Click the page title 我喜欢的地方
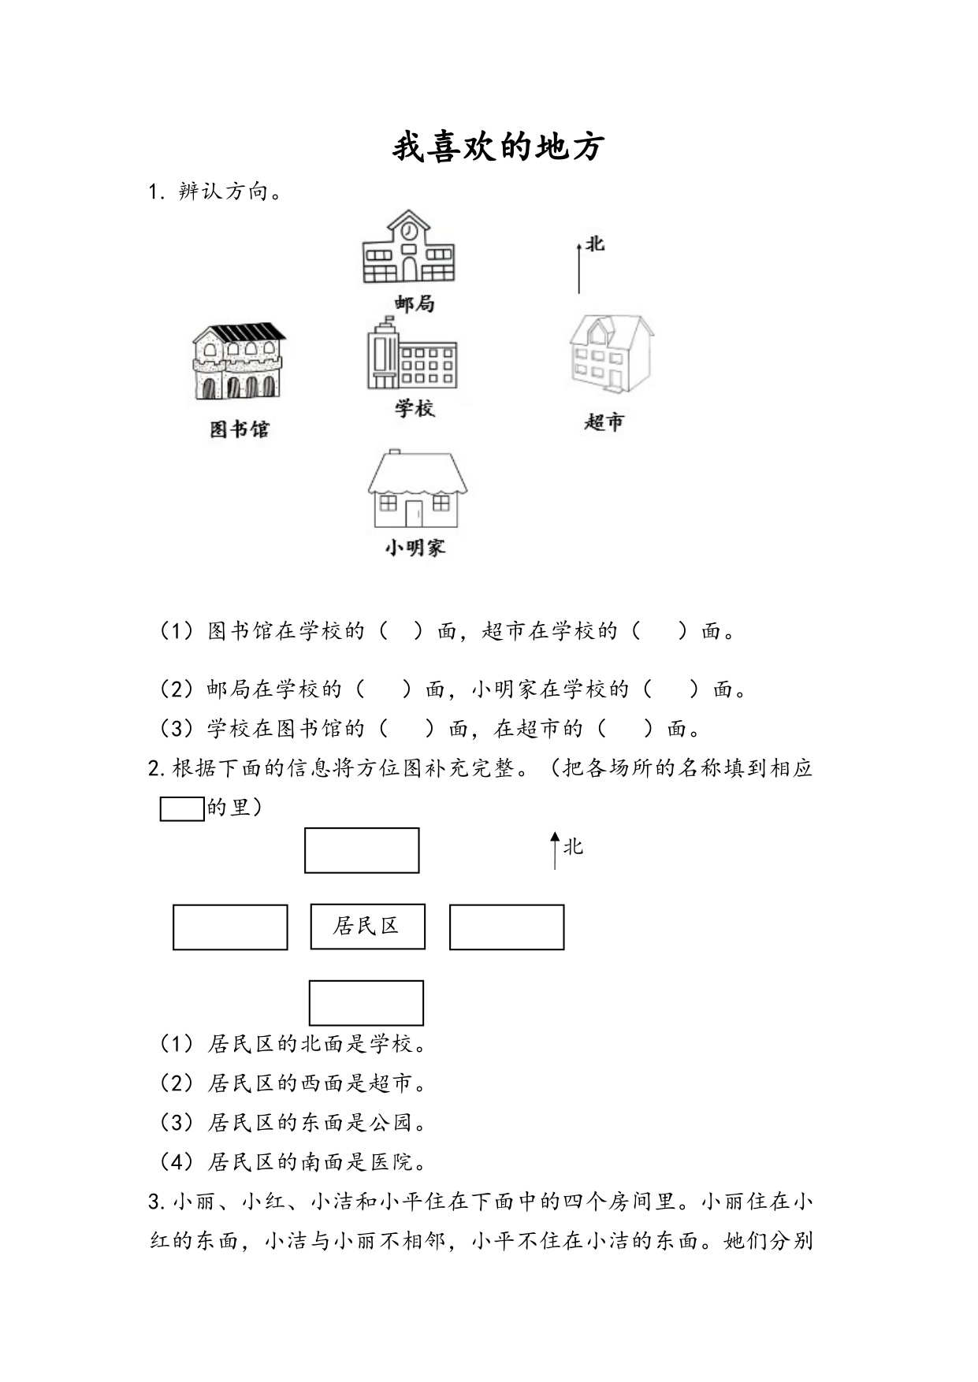click(498, 147)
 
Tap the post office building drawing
click(408, 247)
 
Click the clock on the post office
click(408, 231)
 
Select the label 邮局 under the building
click(415, 303)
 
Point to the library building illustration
click(240, 361)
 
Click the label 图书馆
click(240, 429)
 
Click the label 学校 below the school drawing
click(415, 408)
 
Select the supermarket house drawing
click(611, 354)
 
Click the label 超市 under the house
click(604, 422)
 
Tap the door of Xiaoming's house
click(414, 513)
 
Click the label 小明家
click(415, 548)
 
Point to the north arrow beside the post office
click(579, 268)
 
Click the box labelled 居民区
click(368, 927)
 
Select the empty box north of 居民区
click(362, 850)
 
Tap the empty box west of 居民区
click(230, 927)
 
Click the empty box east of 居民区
click(507, 927)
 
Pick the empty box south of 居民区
click(366, 1003)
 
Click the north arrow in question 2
click(555, 851)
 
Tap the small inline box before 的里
click(182, 809)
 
